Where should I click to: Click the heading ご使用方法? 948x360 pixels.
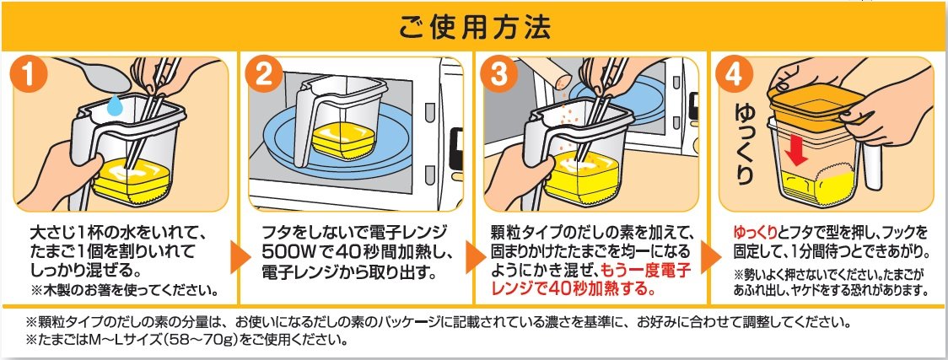(x=474, y=27)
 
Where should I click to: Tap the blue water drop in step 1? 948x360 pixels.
(x=115, y=105)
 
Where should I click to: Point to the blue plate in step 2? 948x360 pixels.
(x=338, y=145)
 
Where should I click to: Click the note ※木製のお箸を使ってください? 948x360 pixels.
(x=125, y=291)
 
